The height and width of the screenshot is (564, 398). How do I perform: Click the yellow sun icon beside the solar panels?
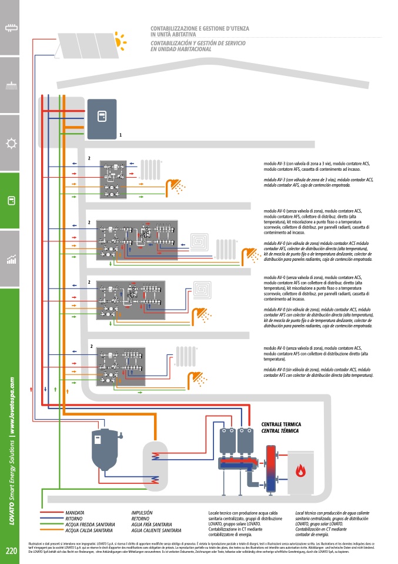tap(121, 40)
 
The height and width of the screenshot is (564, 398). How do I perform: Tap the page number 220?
tap(11, 551)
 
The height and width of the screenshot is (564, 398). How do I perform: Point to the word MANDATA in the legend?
tap(75, 513)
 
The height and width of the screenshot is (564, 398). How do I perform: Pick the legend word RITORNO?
tap(75, 519)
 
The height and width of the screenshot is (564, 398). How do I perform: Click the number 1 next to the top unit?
tap(121, 135)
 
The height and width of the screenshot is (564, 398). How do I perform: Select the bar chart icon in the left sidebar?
tap(11, 259)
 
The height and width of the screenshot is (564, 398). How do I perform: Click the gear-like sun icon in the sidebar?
tap(11, 144)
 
